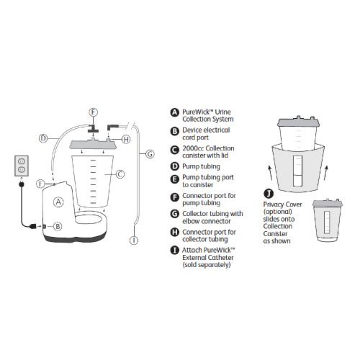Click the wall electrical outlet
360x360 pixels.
click(x=22, y=166)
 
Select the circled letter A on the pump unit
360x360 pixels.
click(x=58, y=202)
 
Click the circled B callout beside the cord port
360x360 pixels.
click(x=58, y=226)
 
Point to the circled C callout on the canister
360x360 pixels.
click(x=120, y=174)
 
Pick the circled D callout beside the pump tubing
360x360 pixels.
click(x=43, y=138)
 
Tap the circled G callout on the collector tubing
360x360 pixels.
click(x=150, y=153)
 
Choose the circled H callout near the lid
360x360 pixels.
click(x=126, y=139)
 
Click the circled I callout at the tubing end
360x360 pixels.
click(x=134, y=240)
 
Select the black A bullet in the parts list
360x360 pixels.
click(x=174, y=112)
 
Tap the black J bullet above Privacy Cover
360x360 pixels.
click(x=269, y=193)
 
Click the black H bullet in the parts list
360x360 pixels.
click(x=174, y=233)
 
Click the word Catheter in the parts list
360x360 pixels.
click(x=221, y=258)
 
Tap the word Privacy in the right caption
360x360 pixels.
click(x=273, y=204)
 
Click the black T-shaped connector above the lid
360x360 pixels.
click(x=94, y=128)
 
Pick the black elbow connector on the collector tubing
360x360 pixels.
click(x=113, y=127)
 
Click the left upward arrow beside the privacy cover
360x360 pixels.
click(x=271, y=172)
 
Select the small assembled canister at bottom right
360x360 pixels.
click(x=327, y=220)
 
